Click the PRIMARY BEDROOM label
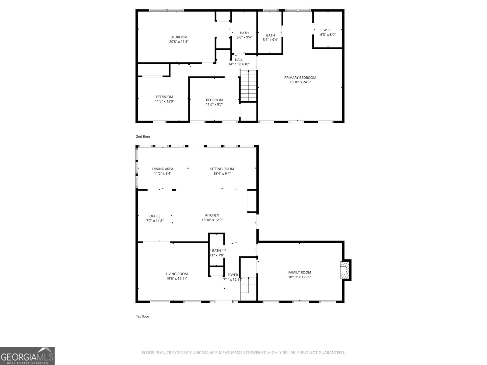click(300, 78)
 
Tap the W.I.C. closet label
click(328, 30)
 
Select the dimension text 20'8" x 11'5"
click(179, 42)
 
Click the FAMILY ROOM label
click(300, 273)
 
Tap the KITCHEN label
click(212, 215)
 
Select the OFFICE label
click(155, 216)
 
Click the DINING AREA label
click(163, 169)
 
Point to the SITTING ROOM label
click(222, 169)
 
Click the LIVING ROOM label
click(177, 274)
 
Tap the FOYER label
click(233, 275)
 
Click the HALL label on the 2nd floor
click(239, 60)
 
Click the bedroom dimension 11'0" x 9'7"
click(214, 104)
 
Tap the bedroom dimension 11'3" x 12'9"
click(164, 101)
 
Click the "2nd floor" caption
click(143, 137)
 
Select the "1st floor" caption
click(142, 316)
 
